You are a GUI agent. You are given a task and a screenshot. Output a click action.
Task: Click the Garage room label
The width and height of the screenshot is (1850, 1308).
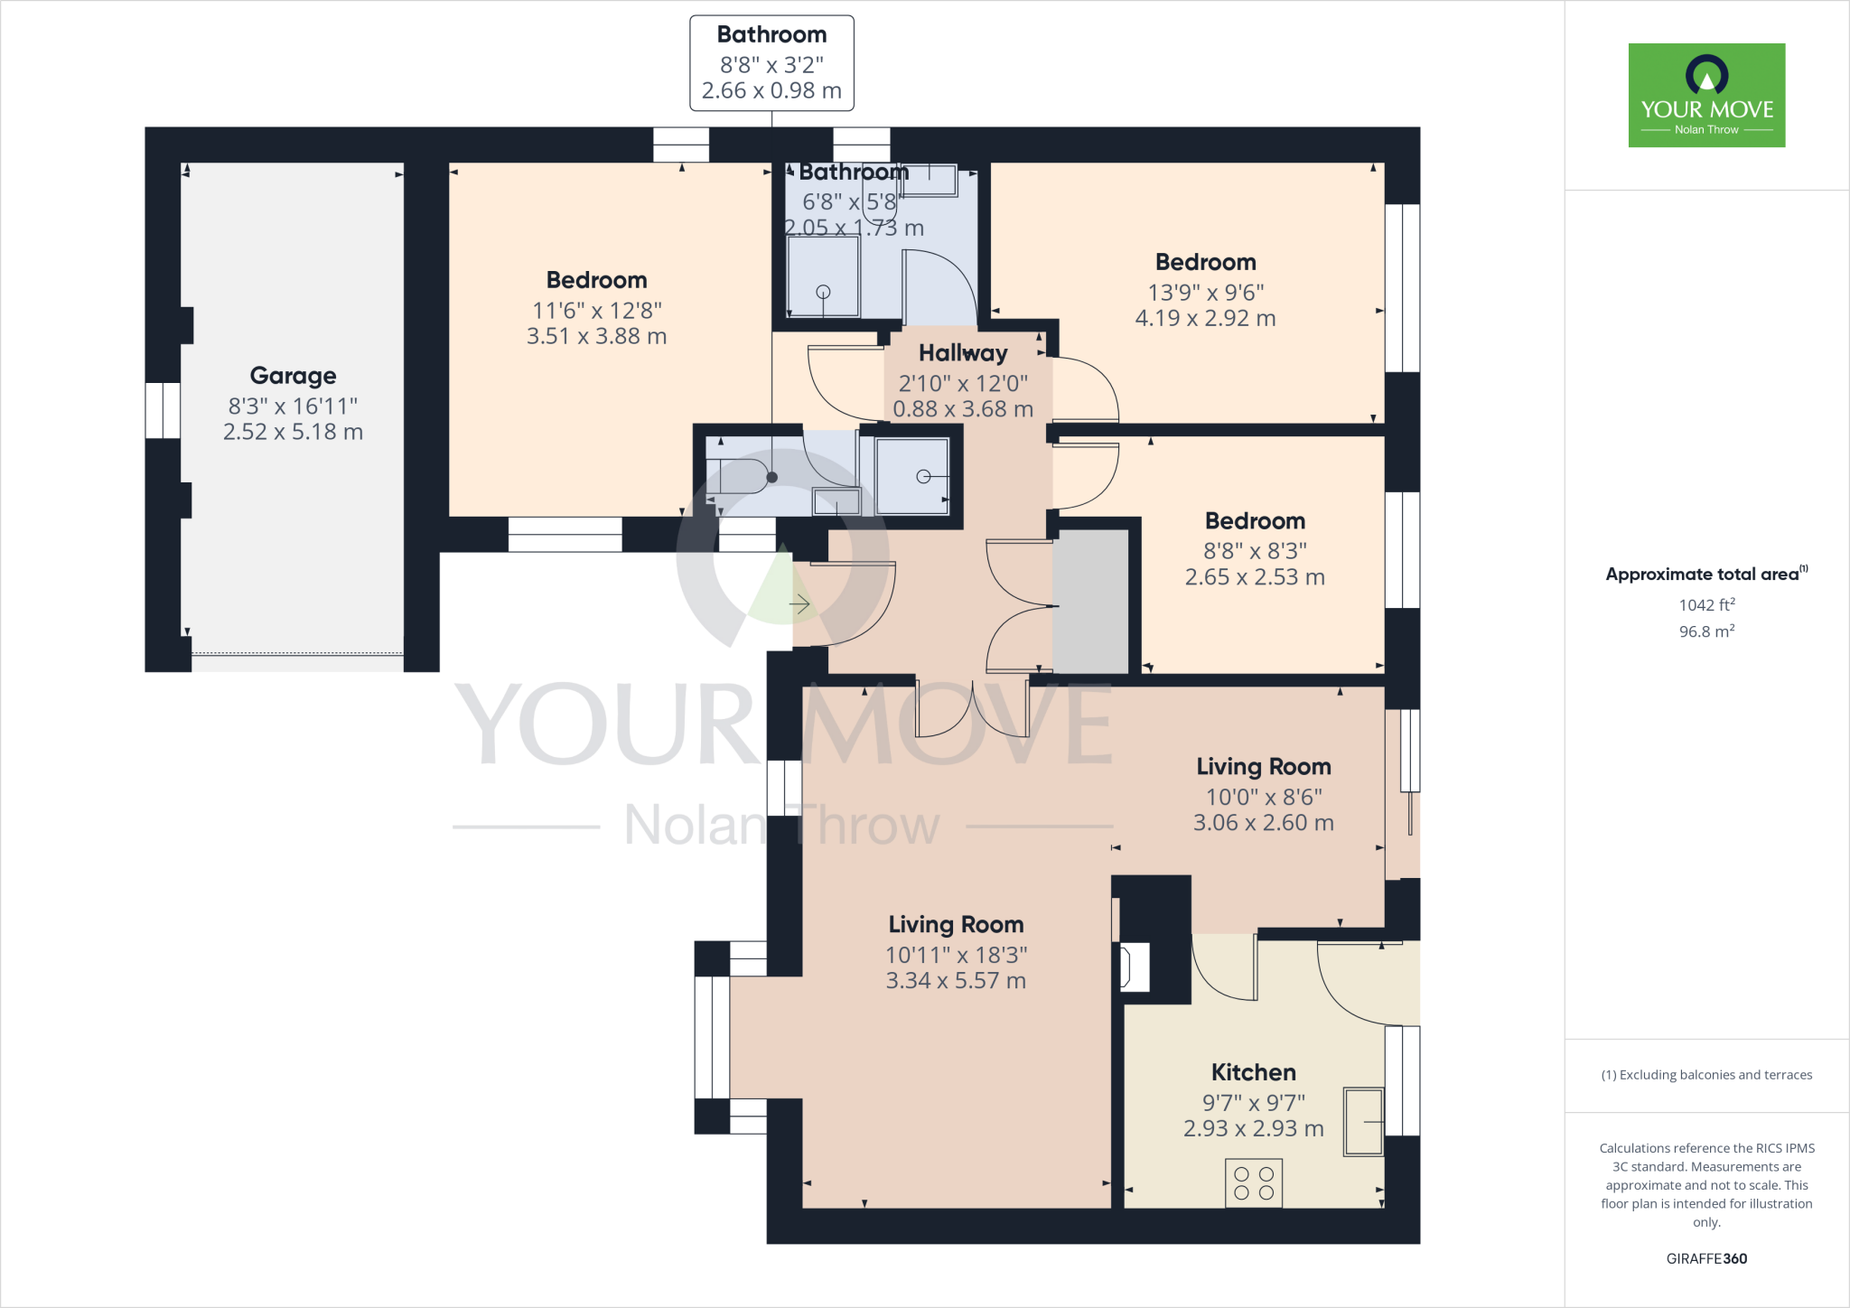click(293, 375)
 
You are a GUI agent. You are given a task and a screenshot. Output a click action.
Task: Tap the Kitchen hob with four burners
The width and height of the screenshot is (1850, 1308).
click(1253, 1183)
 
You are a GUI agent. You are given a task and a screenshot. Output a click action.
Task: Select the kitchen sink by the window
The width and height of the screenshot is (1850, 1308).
click(1363, 1122)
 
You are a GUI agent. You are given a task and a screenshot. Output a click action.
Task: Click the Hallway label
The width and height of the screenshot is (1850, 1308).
click(963, 353)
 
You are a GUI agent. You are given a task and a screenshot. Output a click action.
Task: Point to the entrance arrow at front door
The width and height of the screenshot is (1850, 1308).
click(799, 603)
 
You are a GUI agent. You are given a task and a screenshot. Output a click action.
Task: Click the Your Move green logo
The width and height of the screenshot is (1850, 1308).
click(1706, 95)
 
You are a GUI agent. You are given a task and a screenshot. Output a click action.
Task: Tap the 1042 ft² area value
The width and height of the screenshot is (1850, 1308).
click(1706, 605)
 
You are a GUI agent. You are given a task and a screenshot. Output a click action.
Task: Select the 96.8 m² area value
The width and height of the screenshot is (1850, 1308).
click(1706, 631)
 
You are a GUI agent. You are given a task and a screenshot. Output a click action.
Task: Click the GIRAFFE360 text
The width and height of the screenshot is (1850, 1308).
click(1706, 1258)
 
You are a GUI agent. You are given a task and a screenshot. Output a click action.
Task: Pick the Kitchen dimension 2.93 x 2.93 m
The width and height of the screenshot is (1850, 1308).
click(1253, 1128)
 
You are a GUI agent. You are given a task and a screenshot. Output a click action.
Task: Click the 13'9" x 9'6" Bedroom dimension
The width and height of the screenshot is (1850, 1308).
click(1205, 293)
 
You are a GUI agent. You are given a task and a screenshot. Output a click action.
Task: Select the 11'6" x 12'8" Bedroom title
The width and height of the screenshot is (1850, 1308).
click(596, 280)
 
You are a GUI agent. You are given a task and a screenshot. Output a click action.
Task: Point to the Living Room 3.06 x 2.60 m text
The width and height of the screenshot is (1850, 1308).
click(1263, 823)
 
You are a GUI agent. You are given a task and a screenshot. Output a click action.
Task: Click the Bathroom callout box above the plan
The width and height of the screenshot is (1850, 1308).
click(771, 63)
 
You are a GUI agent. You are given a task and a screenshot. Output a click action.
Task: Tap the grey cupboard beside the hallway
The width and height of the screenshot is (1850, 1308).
click(1091, 602)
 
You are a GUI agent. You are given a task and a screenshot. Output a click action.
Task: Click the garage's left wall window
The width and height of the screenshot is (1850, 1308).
click(163, 410)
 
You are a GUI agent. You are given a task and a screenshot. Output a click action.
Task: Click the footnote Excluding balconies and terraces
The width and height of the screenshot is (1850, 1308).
click(1706, 1075)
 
